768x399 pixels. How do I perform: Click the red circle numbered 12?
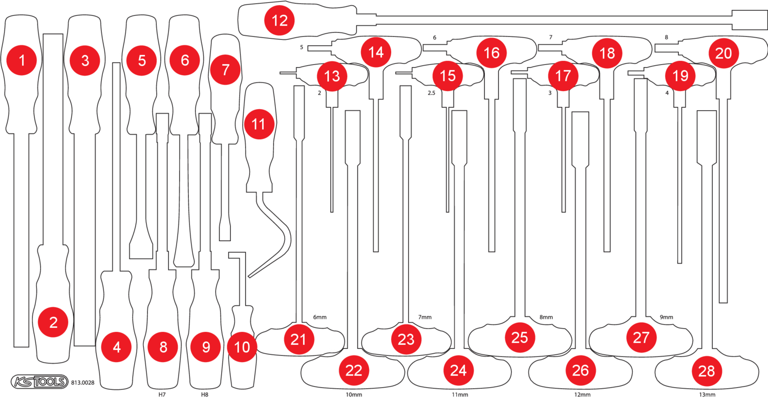pyautogui.click(x=280, y=20)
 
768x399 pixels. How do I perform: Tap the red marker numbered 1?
pyautogui.click(x=22, y=60)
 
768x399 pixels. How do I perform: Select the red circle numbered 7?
pyautogui.click(x=225, y=70)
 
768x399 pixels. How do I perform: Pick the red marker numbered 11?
pyautogui.click(x=259, y=124)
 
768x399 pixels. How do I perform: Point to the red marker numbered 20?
pyautogui.click(x=723, y=53)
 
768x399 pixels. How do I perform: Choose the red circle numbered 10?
pyautogui.click(x=242, y=347)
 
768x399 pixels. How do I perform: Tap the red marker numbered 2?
pyautogui.click(x=53, y=322)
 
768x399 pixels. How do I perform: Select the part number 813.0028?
pyautogui.click(x=83, y=382)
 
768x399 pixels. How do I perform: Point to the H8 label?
pyautogui.click(x=205, y=395)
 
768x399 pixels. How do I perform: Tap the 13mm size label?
pyautogui.click(x=707, y=395)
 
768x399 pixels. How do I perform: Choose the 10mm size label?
pyautogui.click(x=354, y=395)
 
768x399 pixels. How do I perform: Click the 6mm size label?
pyautogui.click(x=319, y=318)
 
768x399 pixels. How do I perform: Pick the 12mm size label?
pyautogui.click(x=582, y=395)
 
